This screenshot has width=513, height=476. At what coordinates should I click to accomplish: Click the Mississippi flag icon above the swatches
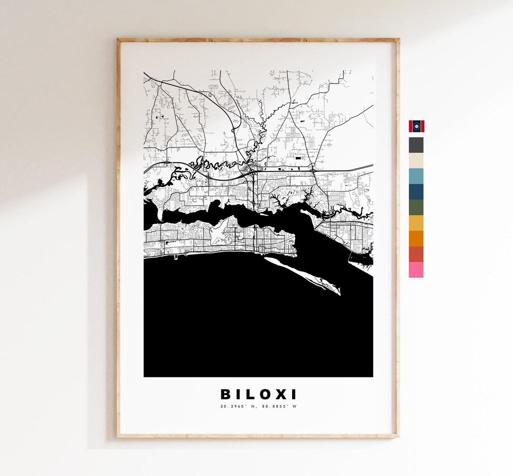coord(416,126)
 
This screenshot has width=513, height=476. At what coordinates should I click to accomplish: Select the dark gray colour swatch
coord(416,145)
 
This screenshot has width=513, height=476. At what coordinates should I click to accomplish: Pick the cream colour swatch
coord(416,161)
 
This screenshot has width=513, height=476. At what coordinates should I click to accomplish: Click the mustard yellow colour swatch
coord(416,223)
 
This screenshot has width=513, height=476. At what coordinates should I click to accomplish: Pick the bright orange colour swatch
coord(416,238)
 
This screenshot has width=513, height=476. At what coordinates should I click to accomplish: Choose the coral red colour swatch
coord(416,254)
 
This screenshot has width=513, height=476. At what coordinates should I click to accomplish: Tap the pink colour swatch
coord(416,270)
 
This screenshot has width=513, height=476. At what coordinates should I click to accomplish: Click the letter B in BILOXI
coord(226,394)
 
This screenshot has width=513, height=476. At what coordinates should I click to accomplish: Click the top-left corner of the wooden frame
coord(119,40)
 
